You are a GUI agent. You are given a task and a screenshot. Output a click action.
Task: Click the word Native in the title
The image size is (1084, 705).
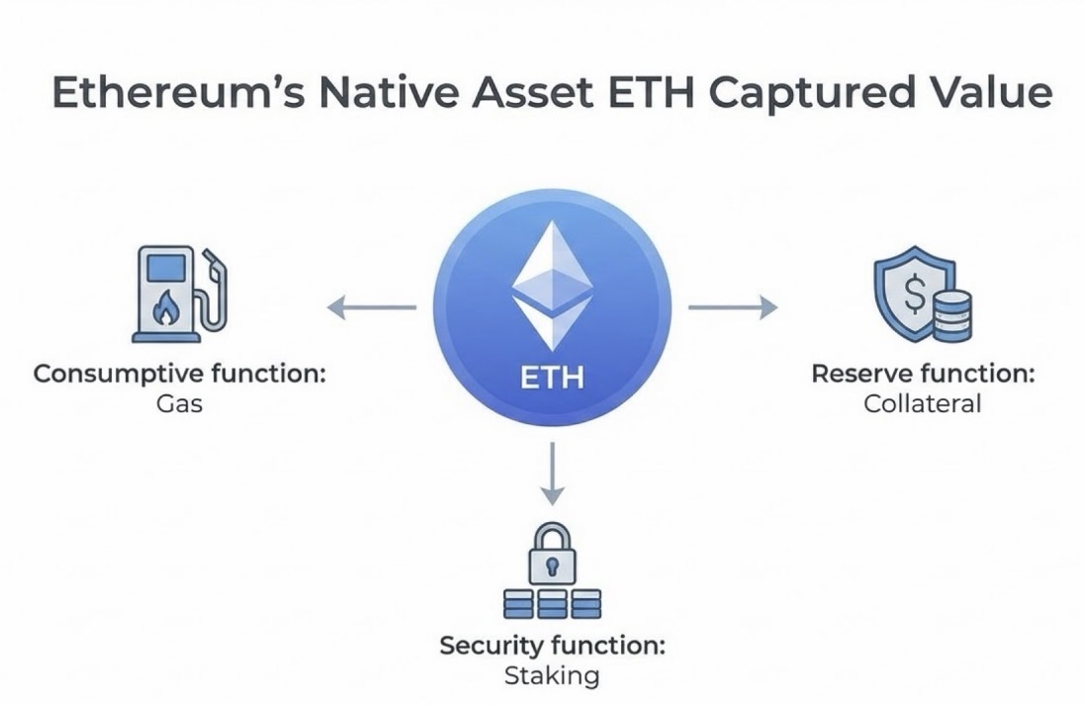[379, 93]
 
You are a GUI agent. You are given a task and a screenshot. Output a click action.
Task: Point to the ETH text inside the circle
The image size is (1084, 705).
[552, 377]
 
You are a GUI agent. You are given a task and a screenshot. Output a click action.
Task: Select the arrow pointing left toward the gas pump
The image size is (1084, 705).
[371, 308]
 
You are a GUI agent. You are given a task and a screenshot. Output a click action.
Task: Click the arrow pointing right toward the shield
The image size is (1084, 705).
[732, 308]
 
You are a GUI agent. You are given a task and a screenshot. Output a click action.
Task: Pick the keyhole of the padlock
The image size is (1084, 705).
[552, 568]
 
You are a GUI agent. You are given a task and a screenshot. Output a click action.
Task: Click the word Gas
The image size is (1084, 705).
[179, 404]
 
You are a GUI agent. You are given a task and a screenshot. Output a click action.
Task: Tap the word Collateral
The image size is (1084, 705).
[922, 404]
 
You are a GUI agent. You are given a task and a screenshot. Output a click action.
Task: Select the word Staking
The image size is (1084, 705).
[552, 676]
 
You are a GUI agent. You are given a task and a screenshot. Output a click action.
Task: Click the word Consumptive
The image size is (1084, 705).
[120, 376]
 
